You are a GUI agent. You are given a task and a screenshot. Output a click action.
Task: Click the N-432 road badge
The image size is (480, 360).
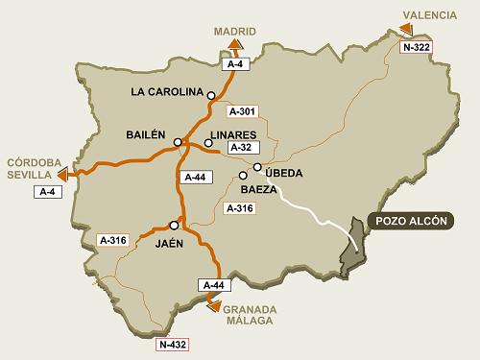pos(172,343)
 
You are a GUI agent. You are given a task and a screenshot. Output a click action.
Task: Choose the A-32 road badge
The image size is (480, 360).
pos(242,148)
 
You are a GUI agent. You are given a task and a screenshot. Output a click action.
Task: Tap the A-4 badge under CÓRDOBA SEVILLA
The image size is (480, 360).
pos(47,192)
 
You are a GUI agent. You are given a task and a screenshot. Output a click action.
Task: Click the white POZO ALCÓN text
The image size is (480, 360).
pos(408,220)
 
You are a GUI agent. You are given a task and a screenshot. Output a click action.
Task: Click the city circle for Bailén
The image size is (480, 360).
pos(178,142)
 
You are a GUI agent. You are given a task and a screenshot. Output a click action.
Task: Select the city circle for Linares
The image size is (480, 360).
pos(208,143)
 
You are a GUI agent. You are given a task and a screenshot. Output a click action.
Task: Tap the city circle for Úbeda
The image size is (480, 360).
pos(258,168)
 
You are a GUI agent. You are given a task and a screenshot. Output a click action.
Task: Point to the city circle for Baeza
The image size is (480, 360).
pos(243,176)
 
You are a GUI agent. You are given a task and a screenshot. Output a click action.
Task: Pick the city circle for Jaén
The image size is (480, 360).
pos(174,225)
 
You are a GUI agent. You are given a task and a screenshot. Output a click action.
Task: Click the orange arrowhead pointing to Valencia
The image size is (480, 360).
pos(405,30)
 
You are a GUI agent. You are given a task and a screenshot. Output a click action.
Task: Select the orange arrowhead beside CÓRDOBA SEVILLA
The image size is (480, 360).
pos(63,175)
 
